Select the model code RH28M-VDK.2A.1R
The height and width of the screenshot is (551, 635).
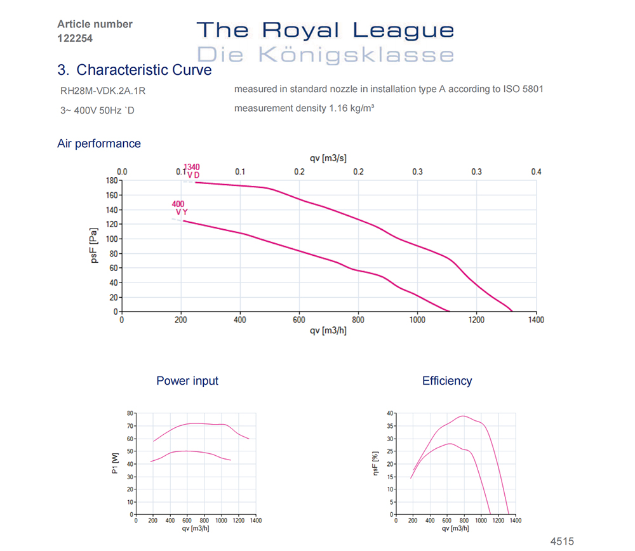(x=103, y=90)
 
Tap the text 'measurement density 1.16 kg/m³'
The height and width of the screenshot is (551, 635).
(x=304, y=109)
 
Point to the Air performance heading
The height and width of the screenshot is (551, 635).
(x=99, y=143)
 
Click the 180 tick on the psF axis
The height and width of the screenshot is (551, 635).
(x=112, y=180)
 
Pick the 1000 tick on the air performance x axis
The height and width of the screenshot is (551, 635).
(x=417, y=321)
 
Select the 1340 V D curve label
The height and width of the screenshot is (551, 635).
(x=192, y=171)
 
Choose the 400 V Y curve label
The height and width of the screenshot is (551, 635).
(x=179, y=208)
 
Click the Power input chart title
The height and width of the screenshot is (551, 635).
(x=187, y=381)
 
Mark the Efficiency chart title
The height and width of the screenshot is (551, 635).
(x=447, y=381)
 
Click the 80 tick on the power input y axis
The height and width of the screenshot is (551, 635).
(x=130, y=413)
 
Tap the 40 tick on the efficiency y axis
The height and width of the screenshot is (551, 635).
(x=389, y=413)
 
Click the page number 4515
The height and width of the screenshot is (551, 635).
(x=561, y=541)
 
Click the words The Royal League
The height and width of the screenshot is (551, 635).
(x=325, y=30)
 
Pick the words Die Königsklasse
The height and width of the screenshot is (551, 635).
(x=325, y=54)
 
